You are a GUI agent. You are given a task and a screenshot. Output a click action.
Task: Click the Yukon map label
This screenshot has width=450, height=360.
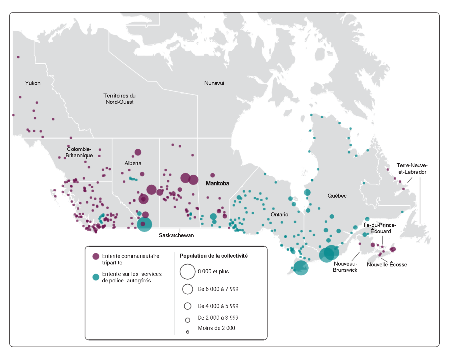(x=33, y=83)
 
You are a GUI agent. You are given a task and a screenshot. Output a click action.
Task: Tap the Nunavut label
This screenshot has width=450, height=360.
(x=214, y=83)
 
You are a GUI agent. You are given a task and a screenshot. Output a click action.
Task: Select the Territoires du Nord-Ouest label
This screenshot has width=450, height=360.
(x=119, y=99)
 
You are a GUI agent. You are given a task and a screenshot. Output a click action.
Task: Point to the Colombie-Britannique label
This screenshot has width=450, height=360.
(x=79, y=152)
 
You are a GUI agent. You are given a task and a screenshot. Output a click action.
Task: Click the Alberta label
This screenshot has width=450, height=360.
(x=133, y=163)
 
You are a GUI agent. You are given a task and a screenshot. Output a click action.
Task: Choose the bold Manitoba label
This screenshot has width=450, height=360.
(x=217, y=183)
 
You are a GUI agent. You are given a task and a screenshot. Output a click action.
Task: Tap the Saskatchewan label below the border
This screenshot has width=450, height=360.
(x=176, y=235)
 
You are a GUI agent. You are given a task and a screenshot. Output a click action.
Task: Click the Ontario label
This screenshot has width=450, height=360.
(x=279, y=214)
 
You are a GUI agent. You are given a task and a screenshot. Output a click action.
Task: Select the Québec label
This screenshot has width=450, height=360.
(x=337, y=196)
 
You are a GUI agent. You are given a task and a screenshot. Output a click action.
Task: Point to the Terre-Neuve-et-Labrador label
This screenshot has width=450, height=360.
(x=412, y=169)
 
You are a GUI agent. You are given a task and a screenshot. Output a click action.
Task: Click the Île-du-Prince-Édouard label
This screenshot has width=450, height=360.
(x=380, y=228)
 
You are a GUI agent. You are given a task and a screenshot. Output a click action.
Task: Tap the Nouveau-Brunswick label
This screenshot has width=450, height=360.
(x=345, y=267)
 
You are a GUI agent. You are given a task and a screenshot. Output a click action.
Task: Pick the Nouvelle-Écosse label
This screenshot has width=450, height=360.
(x=387, y=264)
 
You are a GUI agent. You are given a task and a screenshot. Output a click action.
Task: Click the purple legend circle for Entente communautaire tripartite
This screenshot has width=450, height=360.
(x=96, y=256)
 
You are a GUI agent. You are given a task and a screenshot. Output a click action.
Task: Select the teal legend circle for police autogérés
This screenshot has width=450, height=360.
(x=96, y=277)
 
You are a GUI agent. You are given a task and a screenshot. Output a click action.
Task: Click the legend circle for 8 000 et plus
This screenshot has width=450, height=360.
(x=187, y=272)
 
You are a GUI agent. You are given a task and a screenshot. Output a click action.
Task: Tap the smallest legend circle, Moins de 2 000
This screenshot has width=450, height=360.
(x=187, y=332)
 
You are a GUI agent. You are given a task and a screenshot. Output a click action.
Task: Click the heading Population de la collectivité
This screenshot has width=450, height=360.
(x=214, y=256)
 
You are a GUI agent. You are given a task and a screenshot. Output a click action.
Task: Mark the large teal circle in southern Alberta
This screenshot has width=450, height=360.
(x=145, y=224)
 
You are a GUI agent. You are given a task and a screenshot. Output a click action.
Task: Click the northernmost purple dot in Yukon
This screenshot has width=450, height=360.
(x=18, y=57)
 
